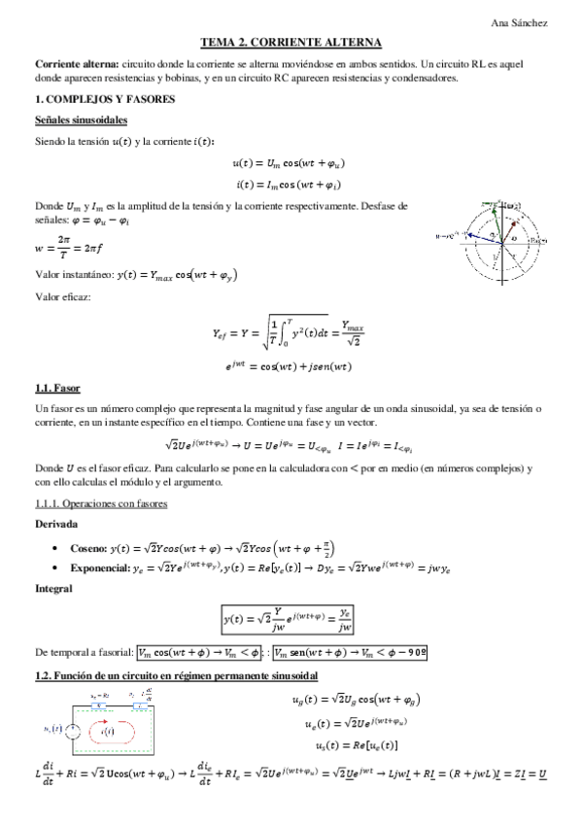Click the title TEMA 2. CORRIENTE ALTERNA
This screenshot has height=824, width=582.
coord(291,43)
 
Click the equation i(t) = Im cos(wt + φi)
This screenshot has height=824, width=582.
coord(291,184)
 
